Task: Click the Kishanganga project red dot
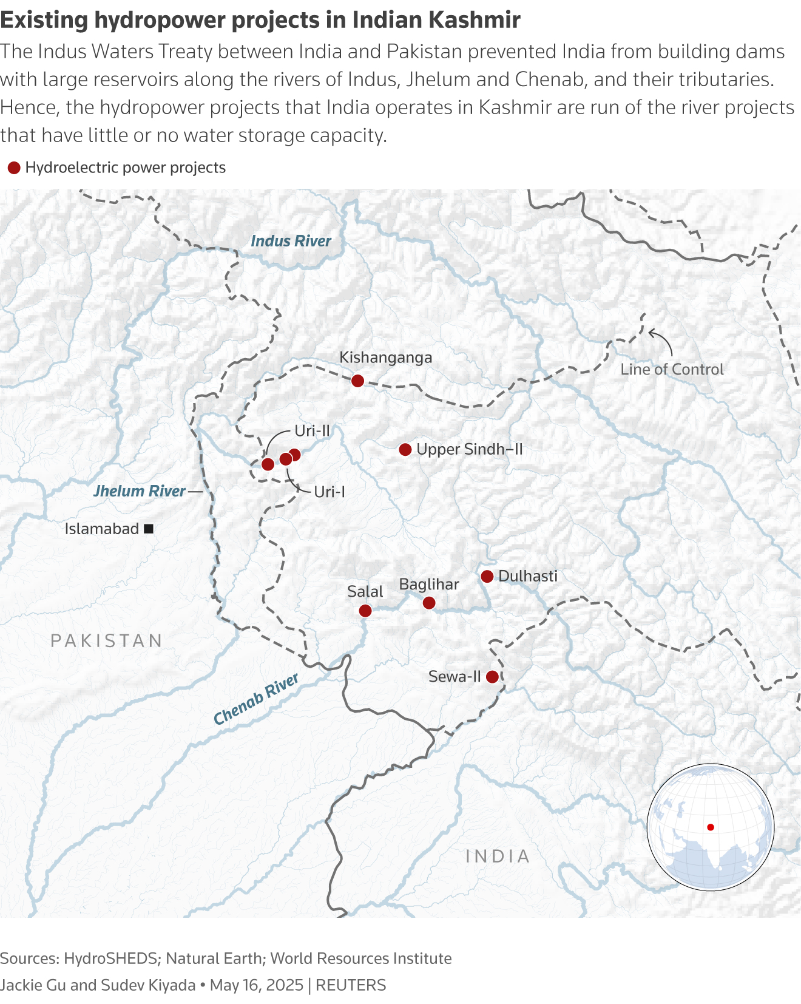pyautogui.click(x=357, y=381)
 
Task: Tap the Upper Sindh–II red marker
pyautogui.click(x=405, y=450)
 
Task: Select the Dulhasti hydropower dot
pyautogui.click(x=487, y=576)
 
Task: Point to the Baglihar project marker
pyautogui.click(x=429, y=603)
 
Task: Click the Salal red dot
pyautogui.click(x=365, y=611)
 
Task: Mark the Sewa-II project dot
pyautogui.click(x=492, y=676)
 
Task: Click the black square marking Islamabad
pyautogui.click(x=149, y=529)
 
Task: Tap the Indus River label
pyautogui.click(x=291, y=241)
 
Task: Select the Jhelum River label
pyautogui.click(x=140, y=491)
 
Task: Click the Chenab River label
pyautogui.click(x=256, y=699)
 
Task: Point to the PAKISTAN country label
pyautogui.click(x=107, y=640)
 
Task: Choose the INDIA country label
pyautogui.click(x=498, y=856)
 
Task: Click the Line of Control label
pyautogui.click(x=672, y=369)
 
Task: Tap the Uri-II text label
pyautogui.click(x=312, y=431)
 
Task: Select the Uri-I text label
pyautogui.click(x=329, y=492)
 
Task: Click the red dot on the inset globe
pyautogui.click(x=711, y=827)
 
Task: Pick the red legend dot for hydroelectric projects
pyautogui.click(x=14, y=168)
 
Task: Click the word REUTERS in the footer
pyautogui.click(x=351, y=985)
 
